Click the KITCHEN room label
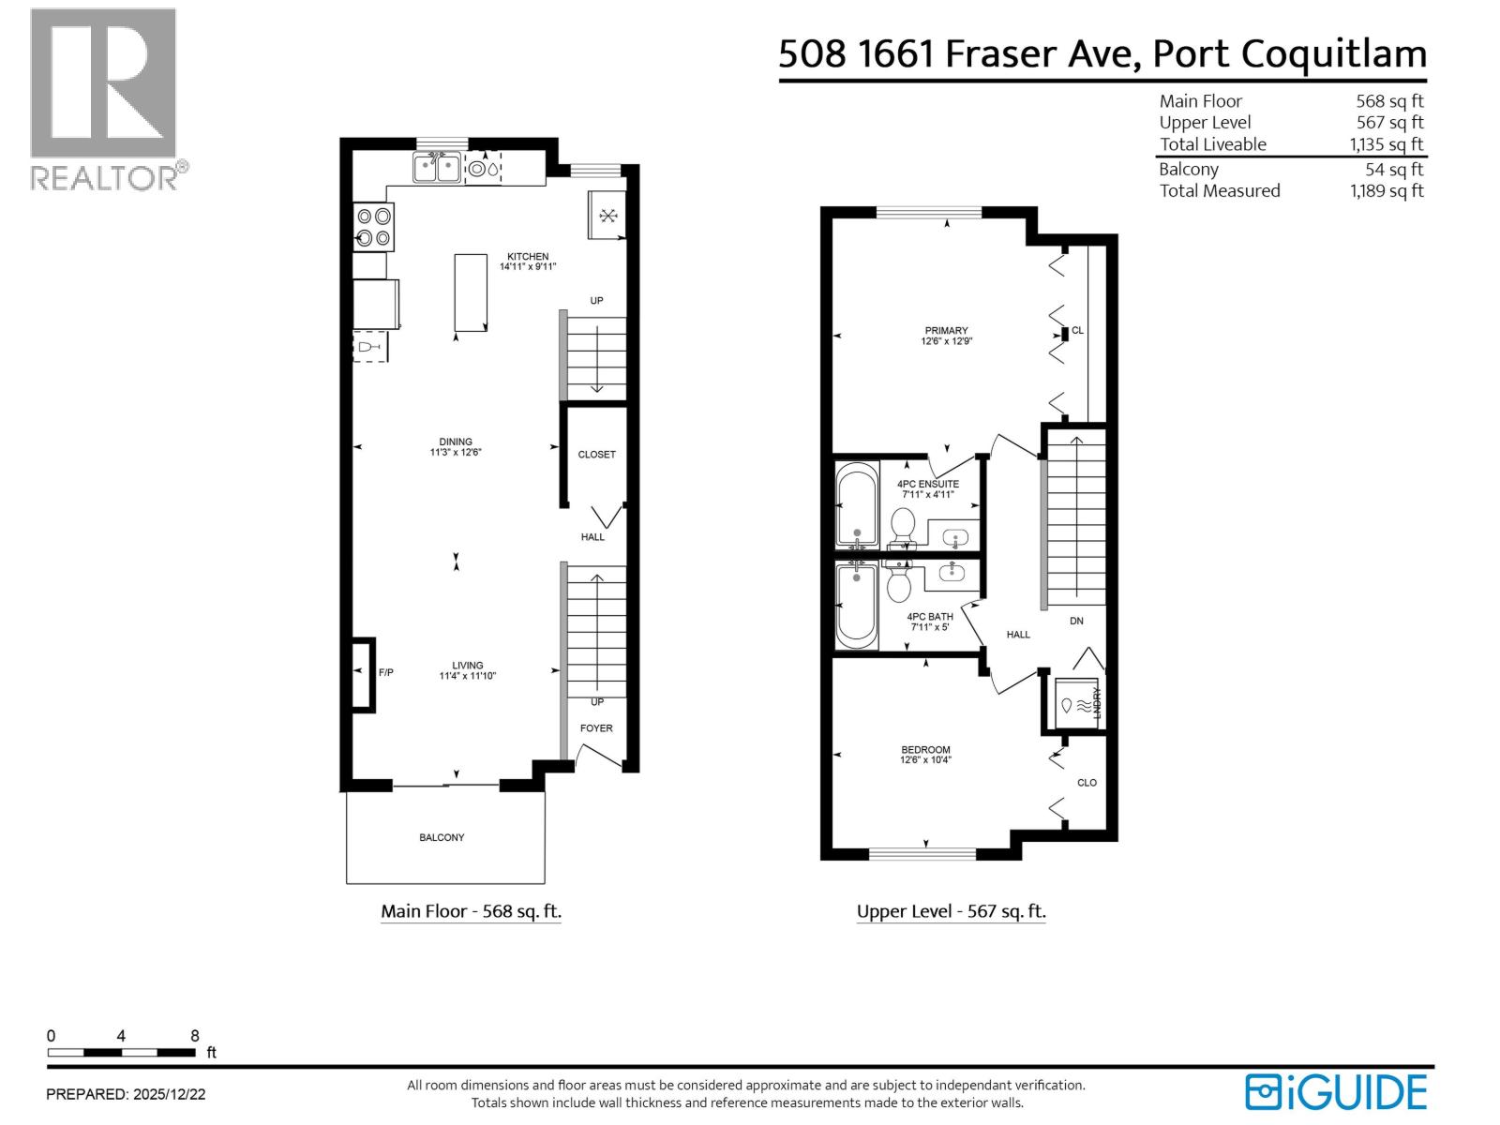[528, 257]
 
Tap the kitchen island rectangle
[471, 292]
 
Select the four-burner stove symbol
[373, 227]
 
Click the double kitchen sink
[437, 169]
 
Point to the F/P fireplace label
[385, 672]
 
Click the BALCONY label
[442, 837]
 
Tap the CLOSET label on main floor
[596, 455]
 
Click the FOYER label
[596, 728]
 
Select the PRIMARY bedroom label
[946, 331]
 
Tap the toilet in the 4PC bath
[898, 586]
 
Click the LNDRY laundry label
[1096, 703]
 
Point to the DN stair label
[1076, 621]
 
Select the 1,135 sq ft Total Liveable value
[1386, 144]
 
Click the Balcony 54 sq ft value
[1393, 170]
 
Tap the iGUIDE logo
[1335, 1092]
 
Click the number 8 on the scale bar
[195, 1036]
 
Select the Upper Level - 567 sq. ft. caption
[951, 911]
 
